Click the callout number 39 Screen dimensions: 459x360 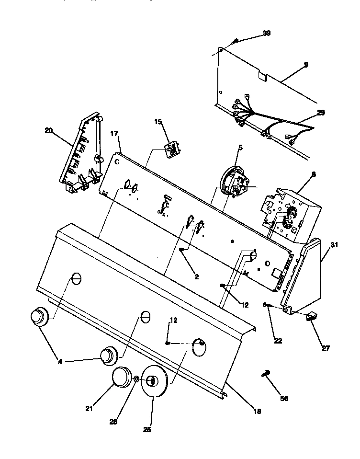pyautogui.click(x=266, y=33)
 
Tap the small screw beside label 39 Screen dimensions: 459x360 pyautogui.click(x=234, y=42)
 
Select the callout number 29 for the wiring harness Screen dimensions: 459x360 pyautogui.click(x=320, y=113)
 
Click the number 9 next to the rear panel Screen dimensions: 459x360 pyautogui.click(x=305, y=64)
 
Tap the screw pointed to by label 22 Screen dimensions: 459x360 pyautogui.click(x=266, y=305)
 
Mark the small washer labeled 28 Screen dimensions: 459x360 pyautogui.click(x=136, y=379)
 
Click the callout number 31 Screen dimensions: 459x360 pyautogui.click(x=334, y=244)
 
